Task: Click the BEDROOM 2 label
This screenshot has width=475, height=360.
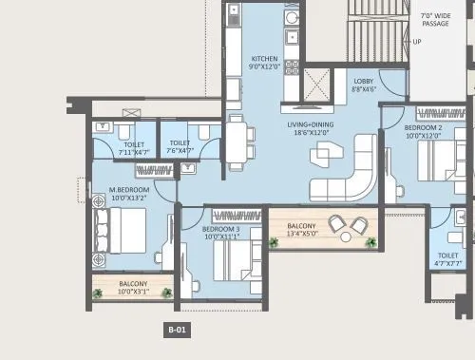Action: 422,128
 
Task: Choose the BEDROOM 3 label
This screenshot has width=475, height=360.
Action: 220,230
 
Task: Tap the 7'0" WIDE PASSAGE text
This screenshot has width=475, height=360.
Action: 435,16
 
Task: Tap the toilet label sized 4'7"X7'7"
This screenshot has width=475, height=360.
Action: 448,261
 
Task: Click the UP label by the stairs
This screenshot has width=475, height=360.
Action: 417,42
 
